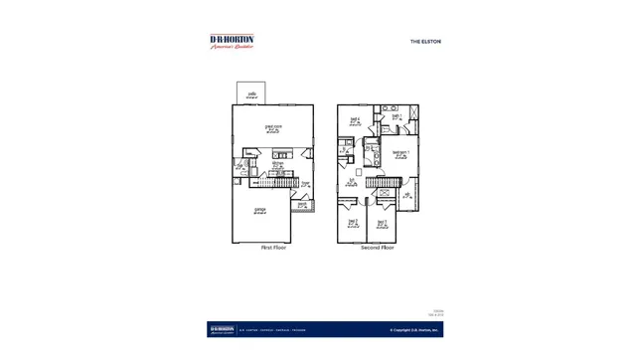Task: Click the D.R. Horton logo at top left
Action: point(232,42)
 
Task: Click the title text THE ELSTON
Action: point(425,42)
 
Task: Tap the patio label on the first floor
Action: point(252,94)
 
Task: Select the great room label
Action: point(273,127)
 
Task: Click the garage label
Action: point(260,211)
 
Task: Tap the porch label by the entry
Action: point(301,205)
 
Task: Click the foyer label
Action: point(306,184)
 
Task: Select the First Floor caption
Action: point(274,248)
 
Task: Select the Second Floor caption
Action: point(378,248)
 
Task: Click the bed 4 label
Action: point(354,121)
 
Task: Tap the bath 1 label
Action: point(397,115)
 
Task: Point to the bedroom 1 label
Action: point(399,152)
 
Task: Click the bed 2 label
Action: point(352,224)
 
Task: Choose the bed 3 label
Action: point(382,224)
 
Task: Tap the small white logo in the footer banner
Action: point(222,329)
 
